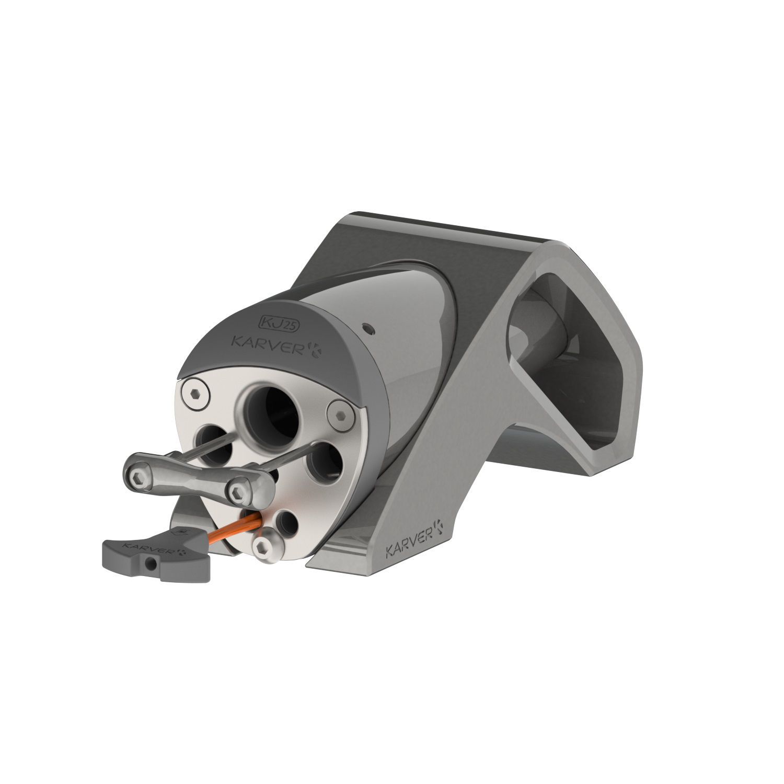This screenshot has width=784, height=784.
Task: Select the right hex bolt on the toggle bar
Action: coord(239,490)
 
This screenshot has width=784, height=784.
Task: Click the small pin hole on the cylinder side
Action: coord(370,328)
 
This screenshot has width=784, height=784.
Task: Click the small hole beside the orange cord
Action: coord(285,524)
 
